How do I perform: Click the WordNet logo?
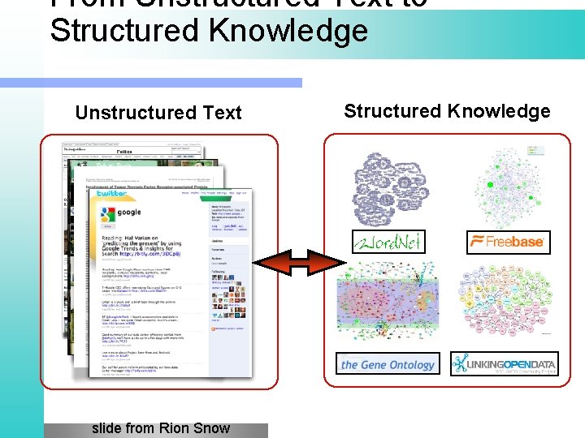(388, 242)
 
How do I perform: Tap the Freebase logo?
(508, 242)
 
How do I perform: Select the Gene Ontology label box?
(388, 364)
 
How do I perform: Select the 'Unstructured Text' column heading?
(158, 113)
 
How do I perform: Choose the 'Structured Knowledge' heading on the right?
(447, 111)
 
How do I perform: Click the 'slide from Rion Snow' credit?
(160, 428)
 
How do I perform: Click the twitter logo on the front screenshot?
(112, 194)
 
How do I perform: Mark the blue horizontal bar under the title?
(151, 83)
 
